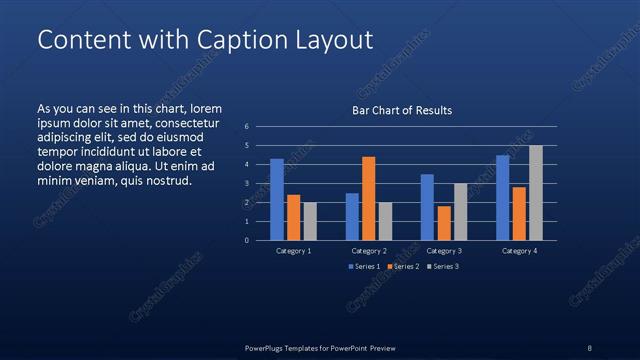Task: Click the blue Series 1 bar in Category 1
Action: pos(277,199)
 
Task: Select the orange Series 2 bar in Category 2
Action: pos(368,198)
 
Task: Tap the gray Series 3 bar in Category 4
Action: pos(535,192)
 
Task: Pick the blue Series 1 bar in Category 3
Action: pos(427,207)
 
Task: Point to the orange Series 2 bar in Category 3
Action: pos(443,223)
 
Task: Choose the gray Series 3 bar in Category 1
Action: pos(309,221)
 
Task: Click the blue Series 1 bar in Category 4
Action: pos(503,197)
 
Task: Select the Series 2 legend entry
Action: pos(402,267)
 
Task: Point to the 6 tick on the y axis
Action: pos(246,127)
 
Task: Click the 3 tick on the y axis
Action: pos(246,184)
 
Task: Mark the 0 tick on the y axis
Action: pos(246,240)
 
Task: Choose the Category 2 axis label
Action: pos(368,251)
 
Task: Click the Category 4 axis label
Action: pos(519,251)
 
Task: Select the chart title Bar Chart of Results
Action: pos(402,110)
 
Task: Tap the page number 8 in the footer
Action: pos(590,347)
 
